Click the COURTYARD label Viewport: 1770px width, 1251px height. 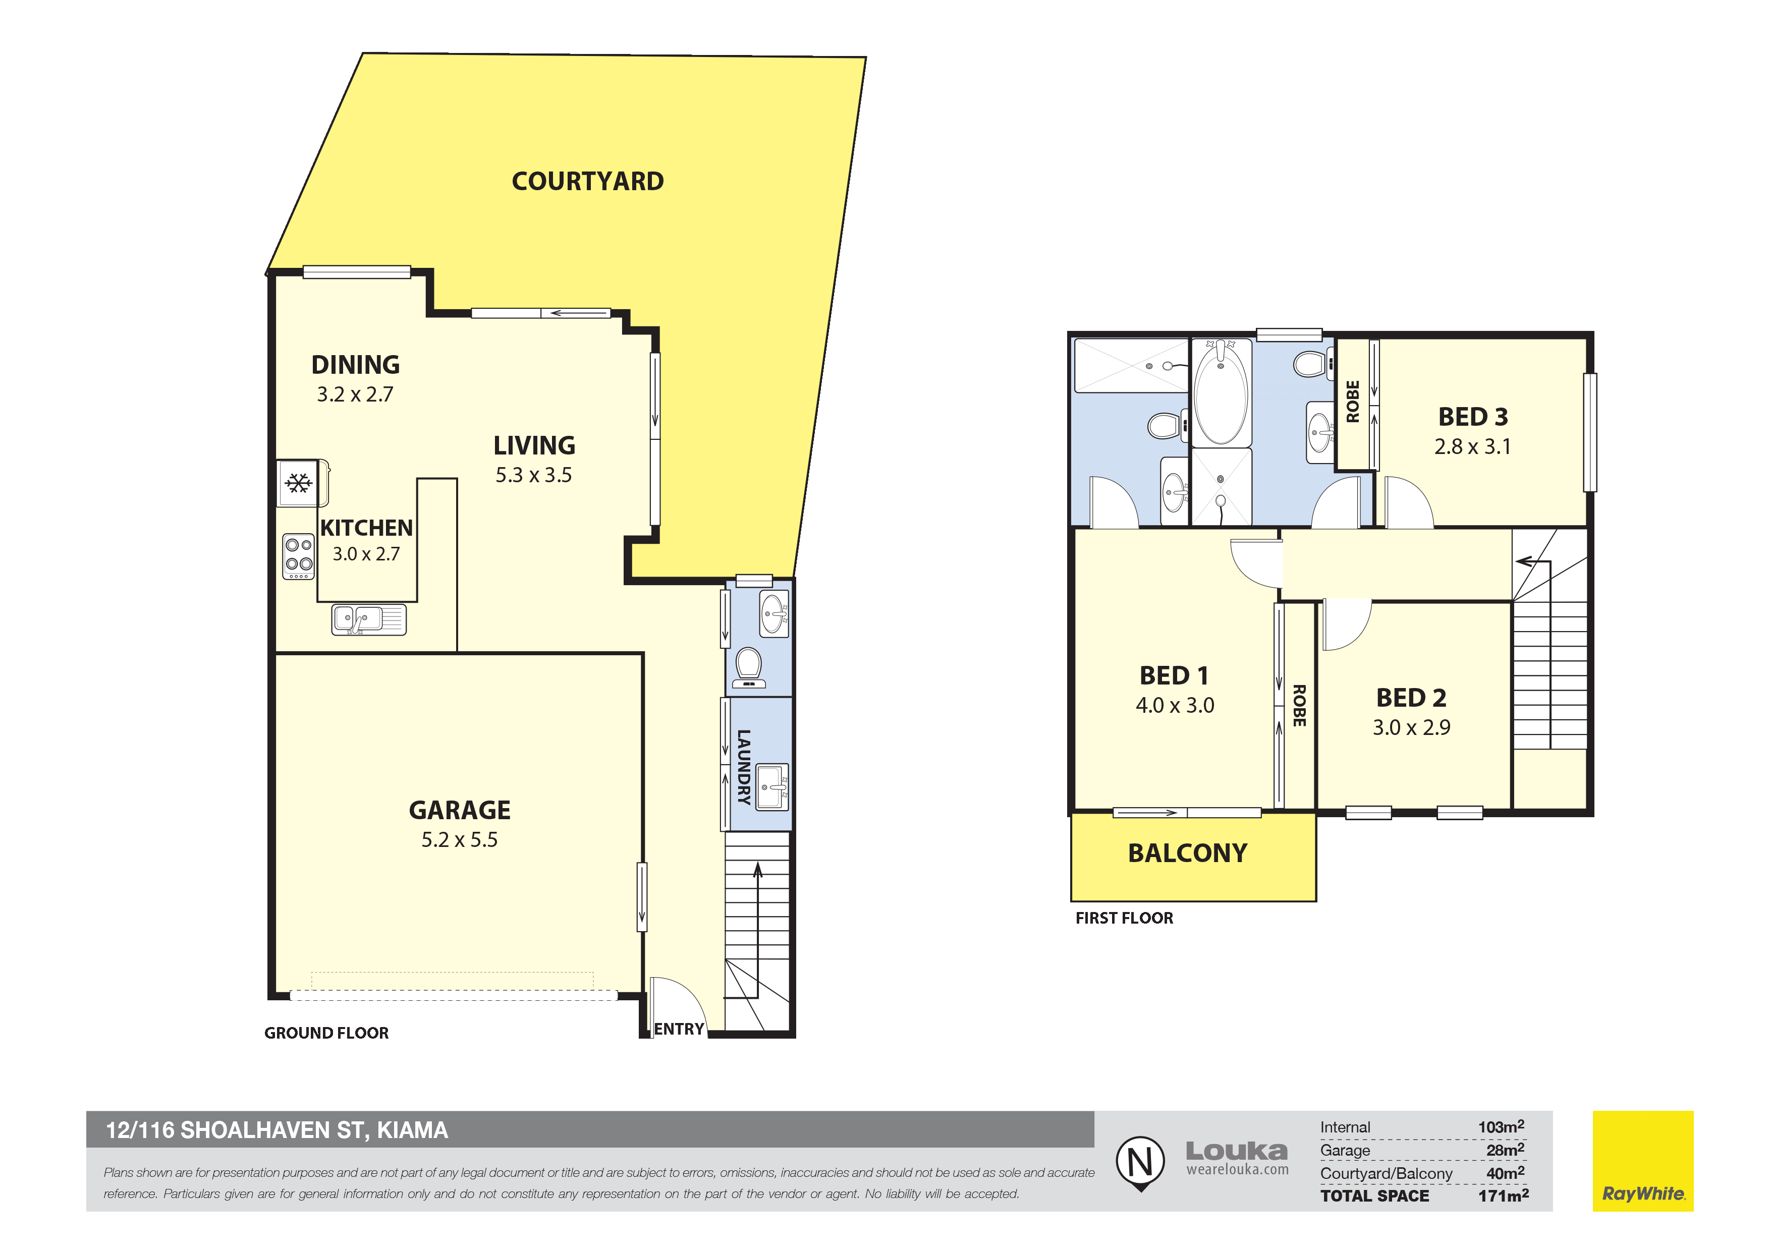tap(587, 181)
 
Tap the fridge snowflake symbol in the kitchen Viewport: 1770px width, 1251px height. tap(298, 483)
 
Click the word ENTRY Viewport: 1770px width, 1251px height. tap(679, 1029)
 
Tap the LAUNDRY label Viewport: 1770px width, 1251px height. tap(744, 767)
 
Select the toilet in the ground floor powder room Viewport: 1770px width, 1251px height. tap(749, 667)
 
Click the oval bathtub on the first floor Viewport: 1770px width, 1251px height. tap(1221, 393)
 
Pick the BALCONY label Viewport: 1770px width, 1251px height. tap(1187, 854)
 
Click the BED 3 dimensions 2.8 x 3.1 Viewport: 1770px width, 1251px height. tap(1472, 446)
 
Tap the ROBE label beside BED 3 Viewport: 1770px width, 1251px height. tap(1353, 402)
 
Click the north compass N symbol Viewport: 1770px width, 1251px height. tap(1141, 1162)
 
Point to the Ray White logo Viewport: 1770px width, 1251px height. tap(1643, 1161)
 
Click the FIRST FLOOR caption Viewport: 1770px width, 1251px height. tap(1124, 918)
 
